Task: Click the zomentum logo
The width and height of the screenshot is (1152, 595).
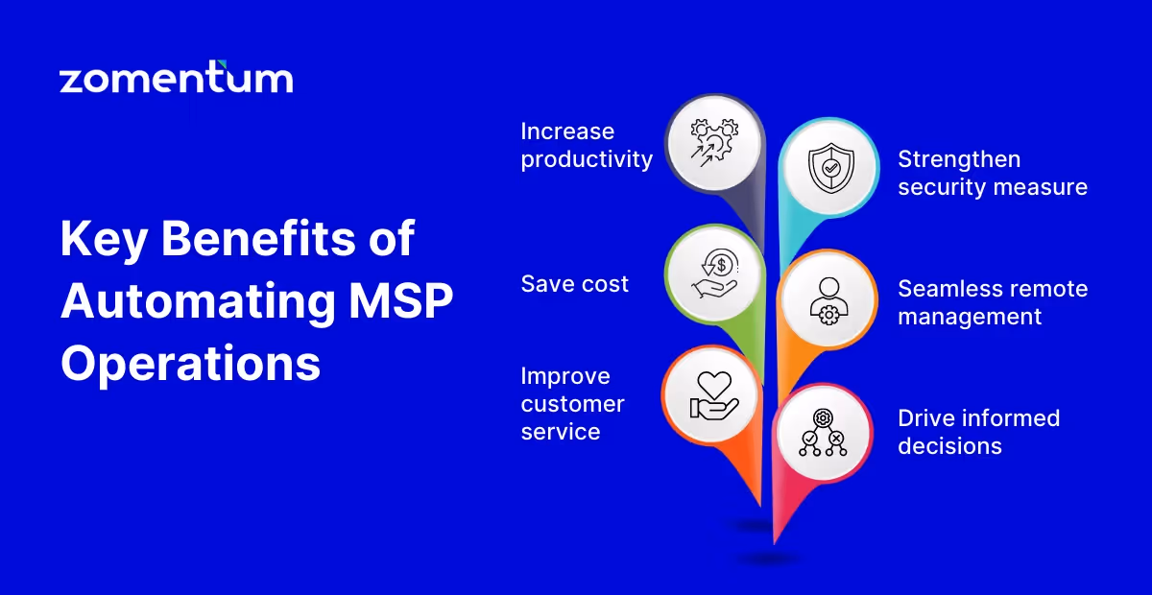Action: [x=176, y=78]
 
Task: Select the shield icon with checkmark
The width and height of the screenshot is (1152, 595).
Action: [x=828, y=167]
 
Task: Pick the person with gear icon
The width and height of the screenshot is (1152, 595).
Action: [x=828, y=299]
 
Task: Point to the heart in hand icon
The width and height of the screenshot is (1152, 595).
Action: [x=711, y=395]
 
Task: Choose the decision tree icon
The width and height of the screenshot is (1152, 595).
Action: [x=823, y=433]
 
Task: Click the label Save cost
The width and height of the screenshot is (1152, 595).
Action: [x=574, y=283]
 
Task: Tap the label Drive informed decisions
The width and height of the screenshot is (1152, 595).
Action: [x=978, y=432]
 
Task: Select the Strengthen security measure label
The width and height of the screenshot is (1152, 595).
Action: [x=992, y=173]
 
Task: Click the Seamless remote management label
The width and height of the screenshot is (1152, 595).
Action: [x=992, y=302]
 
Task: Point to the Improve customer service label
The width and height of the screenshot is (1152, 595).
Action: [x=572, y=404]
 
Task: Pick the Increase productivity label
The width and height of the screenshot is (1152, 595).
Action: [x=586, y=145]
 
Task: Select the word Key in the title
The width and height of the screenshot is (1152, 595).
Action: [x=103, y=239]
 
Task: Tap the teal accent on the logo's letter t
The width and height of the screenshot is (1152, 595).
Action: [x=223, y=65]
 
